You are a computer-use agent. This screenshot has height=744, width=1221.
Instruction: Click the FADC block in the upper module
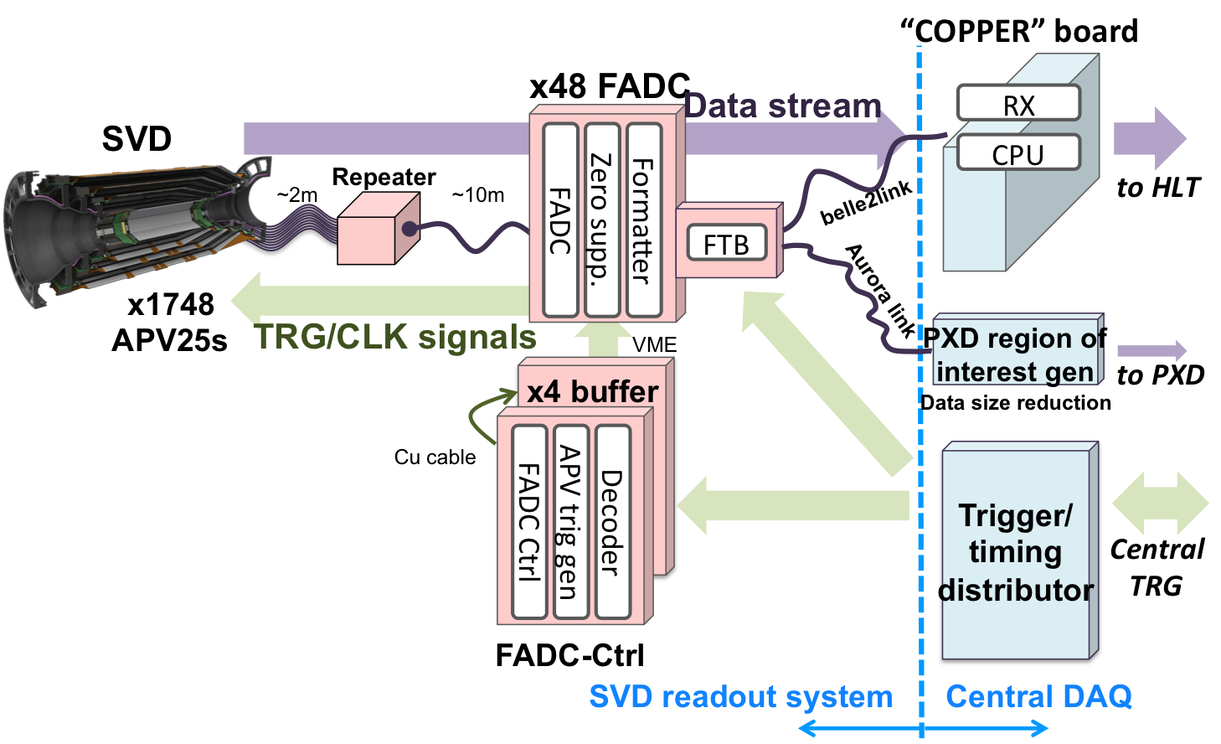[560, 220]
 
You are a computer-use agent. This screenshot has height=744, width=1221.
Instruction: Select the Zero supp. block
[601, 220]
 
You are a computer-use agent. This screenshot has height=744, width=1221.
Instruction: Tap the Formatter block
[643, 220]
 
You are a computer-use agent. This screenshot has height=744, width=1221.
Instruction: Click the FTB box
[726, 243]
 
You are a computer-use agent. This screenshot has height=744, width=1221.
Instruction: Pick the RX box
[1018, 104]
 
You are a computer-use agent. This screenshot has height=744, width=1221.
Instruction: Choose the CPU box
[1018, 153]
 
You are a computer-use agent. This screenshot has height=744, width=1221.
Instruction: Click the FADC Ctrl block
[529, 521]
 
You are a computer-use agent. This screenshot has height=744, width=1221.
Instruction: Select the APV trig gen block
[570, 521]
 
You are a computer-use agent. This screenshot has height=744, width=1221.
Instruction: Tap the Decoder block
[612, 521]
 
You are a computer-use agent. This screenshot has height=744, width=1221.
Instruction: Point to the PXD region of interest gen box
[1016, 353]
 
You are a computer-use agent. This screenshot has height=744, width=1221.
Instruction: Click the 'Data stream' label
[782, 106]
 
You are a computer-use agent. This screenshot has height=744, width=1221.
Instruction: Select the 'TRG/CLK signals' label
[395, 337]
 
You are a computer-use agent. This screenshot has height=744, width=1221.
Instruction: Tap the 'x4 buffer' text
[592, 391]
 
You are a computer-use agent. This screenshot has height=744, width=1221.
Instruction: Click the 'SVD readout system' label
[740, 696]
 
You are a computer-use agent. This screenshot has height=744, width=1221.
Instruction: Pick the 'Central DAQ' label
[1038, 696]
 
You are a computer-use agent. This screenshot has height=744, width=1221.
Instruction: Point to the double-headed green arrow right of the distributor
[1160, 504]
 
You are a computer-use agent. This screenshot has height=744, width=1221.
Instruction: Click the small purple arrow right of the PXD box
[1152, 351]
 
